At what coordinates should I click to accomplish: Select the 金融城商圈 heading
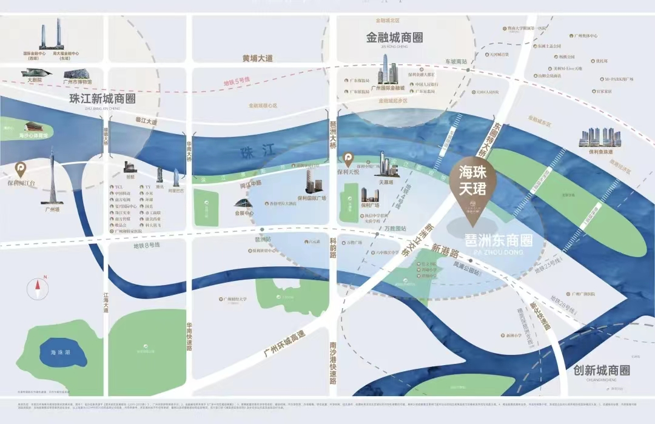[394, 38]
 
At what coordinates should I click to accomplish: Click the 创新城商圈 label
[601, 370]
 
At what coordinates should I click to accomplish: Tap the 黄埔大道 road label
[257, 59]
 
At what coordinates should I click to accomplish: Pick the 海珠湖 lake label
[61, 352]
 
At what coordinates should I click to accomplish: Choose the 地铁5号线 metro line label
[236, 82]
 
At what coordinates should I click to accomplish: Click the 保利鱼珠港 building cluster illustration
[600, 138]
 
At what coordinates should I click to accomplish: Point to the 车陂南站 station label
[456, 62]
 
